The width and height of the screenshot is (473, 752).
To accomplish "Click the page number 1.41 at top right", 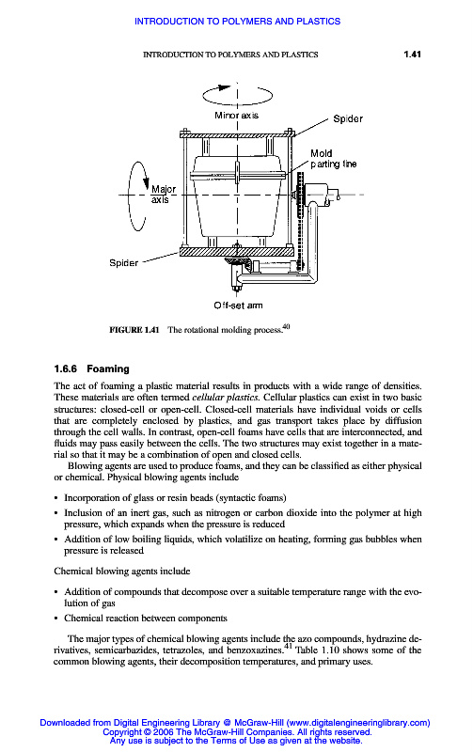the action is tap(412, 55).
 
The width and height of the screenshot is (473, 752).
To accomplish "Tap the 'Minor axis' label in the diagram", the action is tap(236, 115).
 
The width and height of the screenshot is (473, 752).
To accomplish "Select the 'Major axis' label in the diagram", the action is tap(163, 195).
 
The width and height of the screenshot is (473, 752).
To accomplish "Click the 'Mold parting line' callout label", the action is tap(334, 159).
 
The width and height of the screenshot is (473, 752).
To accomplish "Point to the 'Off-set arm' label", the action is tap(238, 305).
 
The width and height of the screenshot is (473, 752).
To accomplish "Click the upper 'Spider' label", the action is tap(348, 118).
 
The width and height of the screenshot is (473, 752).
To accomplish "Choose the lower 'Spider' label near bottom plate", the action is tap(124, 263).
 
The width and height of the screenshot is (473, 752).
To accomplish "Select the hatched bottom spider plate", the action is tap(237, 250).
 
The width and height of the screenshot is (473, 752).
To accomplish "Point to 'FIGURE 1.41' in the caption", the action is tap(134, 330).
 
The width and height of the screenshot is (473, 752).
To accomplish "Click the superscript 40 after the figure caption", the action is tap(286, 326).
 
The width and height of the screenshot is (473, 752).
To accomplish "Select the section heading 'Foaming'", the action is tap(108, 368).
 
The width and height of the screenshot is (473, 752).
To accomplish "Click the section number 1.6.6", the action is tap(65, 368).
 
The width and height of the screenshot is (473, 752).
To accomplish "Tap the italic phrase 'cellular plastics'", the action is tap(226, 398).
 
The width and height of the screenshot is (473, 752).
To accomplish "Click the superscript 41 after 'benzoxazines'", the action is tap(288, 646).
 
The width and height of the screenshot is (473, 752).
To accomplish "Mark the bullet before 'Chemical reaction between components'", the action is tap(56, 619).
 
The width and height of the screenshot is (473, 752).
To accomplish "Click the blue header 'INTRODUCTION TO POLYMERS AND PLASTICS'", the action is tap(238, 21).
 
